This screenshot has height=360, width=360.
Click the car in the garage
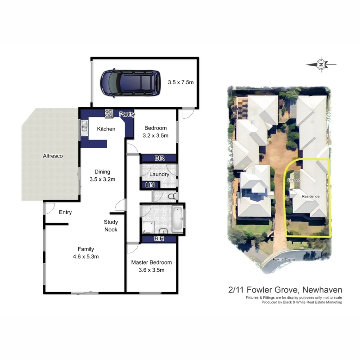pyautogui.click(x=128, y=83)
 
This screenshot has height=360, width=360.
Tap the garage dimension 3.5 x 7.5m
pyautogui.click(x=181, y=82)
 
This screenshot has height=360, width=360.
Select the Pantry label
pyautogui.click(x=127, y=115)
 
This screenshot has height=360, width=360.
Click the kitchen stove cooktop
pyautogui.click(x=109, y=114)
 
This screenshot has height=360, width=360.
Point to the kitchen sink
pyautogui.click(x=84, y=127)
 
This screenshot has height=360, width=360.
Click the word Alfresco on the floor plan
pyautogui.click(x=53, y=156)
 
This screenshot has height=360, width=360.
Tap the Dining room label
pyautogui.click(x=102, y=172)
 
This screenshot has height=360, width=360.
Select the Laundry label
pyautogui.click(x=159, y=174)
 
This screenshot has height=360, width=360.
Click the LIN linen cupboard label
pyautogui.click(x=150, y=185)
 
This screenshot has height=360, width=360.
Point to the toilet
pyautogui.click(x=172, y=197)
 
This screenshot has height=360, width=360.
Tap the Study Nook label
pyautogui.click(x=111, y=226)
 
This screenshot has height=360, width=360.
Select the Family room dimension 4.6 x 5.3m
pyautogui.click(x=86, y=257)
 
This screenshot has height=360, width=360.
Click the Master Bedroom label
pyautogui.click(x=151, y=263)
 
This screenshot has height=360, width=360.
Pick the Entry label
pyautogui.click(x=65, y=212)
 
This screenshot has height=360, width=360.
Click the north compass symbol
pyautogui.click(x=321, y=65)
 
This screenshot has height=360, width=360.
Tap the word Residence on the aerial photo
pyautogui.click(x=311, y=196)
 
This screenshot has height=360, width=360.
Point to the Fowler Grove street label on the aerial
pyautogui.click(x=284, y=259)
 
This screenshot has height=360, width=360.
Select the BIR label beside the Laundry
pyautogui.click(x=160, y=158)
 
